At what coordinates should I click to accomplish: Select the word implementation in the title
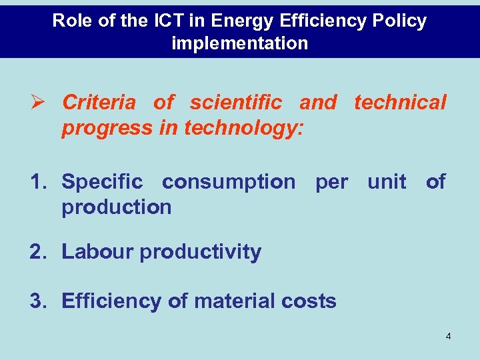click(x=240, y=44)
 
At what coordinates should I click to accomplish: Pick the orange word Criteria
click(x=99, y=103)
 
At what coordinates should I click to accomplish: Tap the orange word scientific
click(x=235, y=103)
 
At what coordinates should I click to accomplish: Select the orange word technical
click(x=400, y=103)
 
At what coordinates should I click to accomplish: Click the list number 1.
click(x=39, y=181)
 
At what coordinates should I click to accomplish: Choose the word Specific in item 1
click(x=102, y=181)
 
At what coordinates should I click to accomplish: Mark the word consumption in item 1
click(x=228, y=181)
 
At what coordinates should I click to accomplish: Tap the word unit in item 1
click(x=386, y=181)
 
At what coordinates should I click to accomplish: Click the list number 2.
click(x=39, y=252)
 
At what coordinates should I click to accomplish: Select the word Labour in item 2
click(x=97, y=252)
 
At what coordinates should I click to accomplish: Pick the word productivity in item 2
click(x=200, y=252)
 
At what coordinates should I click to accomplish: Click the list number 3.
click(x=39, y=301)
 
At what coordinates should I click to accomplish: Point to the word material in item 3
click(x=234, y=301)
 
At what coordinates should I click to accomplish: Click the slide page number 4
click(x=448, y=337)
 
